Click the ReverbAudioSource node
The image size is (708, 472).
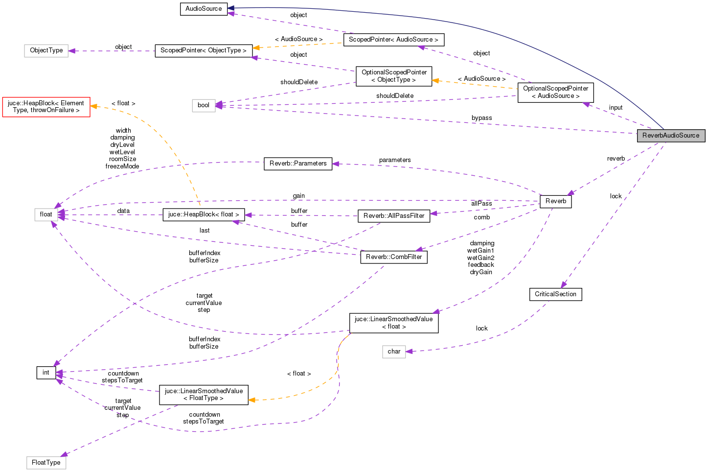[x=670, y=136]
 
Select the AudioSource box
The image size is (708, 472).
[x=204, y=9]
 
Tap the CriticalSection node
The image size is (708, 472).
[x=555, y=294]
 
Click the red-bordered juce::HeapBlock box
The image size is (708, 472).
[x=46, y=107]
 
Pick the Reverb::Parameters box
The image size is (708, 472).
[x=298, y=164]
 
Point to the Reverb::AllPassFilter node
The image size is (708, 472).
[x=394, y=216]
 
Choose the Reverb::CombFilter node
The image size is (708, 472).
[x=394, y=257]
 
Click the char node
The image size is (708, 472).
[x=394, y=352]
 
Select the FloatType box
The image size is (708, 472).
[x=46, y=463]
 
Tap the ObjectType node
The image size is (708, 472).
[x=46, y=50]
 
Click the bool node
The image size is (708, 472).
[x=204, y=105]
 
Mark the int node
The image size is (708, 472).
[x=46, y=373]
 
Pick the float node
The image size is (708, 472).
[x=46, y=214]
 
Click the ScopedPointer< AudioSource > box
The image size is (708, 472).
[x=394, y=40]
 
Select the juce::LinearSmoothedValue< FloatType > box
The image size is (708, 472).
[x=204, y=395]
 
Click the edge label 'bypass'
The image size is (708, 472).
[x=481, y=118]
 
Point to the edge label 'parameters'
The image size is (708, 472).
[x=395, y=160]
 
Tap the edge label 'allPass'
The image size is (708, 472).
[x=481, y=204]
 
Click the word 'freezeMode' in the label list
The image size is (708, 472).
[x=122, y=166]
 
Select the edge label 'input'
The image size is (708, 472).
[x=616, y=108]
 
